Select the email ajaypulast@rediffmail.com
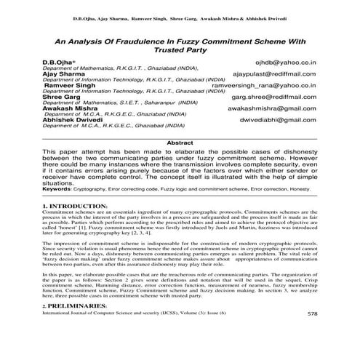click(x=274, y=74)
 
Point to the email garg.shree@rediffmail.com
click(x=274, y=96)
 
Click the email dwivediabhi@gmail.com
click(x=278, y=119)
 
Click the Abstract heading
click(x=180, y=143)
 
